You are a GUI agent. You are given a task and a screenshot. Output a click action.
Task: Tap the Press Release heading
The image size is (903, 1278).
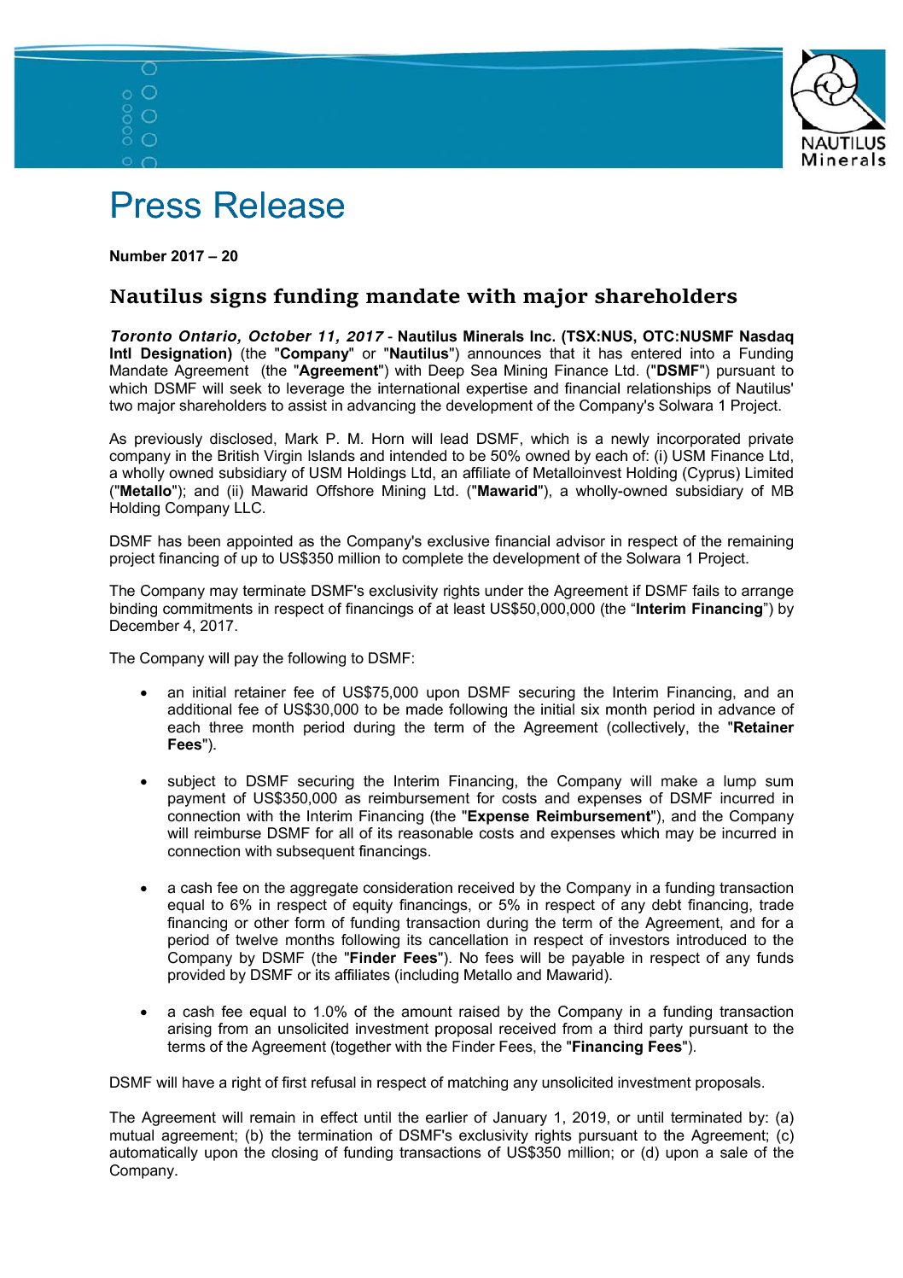pyautogui.click(x=227, y=206)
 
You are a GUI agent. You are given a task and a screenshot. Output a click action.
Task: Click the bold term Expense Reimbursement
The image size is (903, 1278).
pyautogui.click(x=560, y=816)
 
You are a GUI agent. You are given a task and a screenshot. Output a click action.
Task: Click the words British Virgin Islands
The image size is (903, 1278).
pyautogui.click(x=282, y=456)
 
